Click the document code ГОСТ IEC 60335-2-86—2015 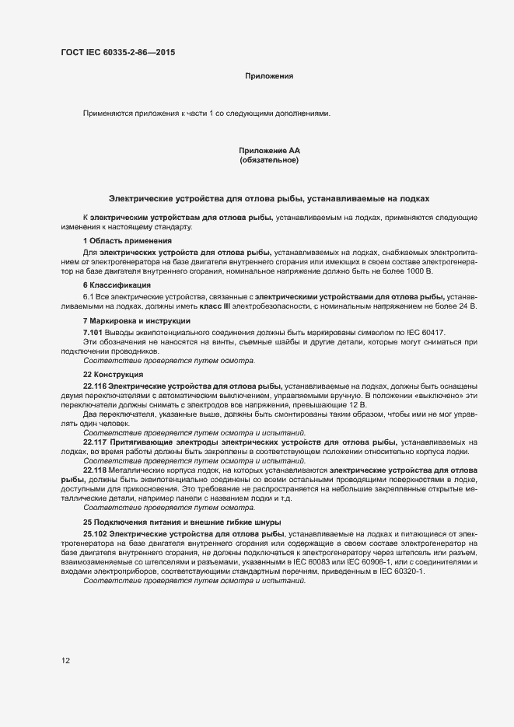[117, 53]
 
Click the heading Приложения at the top [268, 76]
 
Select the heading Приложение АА [269, 150]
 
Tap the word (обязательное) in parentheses [269, 160]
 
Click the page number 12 [66, 661]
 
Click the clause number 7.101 [93, 332]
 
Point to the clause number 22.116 [94, 386]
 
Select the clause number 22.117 [94, 442]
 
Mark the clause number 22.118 [94, 470]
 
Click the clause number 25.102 [94, 535]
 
